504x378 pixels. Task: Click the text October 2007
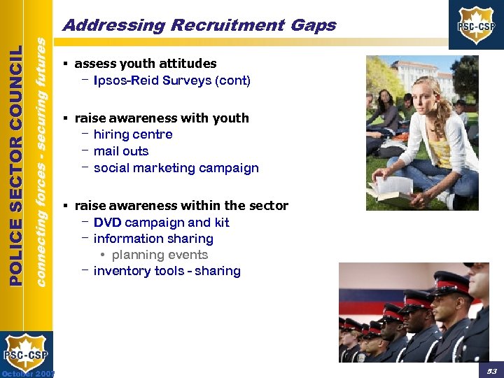tap(28, 372)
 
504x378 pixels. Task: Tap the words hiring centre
tap(132, 134)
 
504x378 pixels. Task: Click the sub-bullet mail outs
tap(120, 151)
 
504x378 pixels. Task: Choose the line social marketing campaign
tap(176, 168)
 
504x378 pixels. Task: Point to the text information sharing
tap(153, 239)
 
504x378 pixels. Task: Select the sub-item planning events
tap(160, 255)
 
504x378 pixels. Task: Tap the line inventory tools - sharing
tap(167, 271)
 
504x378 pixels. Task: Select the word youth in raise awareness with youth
tap(231, 118)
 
